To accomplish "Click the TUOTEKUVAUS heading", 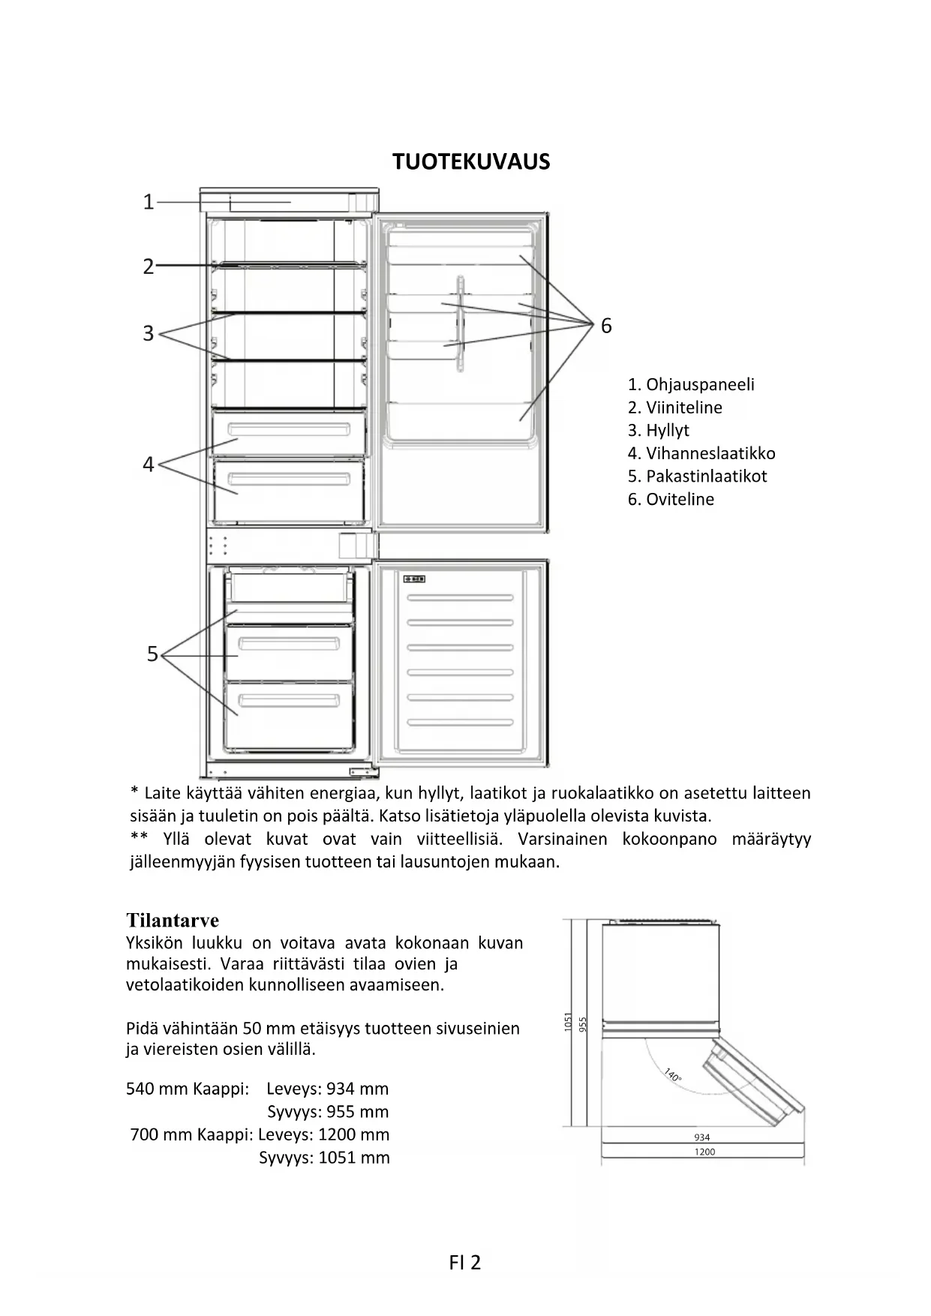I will pyautogui.click(x=471, y=161).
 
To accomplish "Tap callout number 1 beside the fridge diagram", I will pyautogui.click(x=149, y=202).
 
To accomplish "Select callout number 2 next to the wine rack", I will pyautogui.click(x=149, y=266).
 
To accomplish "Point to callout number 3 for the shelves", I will pyautogui.click(x=149, y=333).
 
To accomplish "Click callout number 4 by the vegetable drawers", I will pyautogui.click(x=149, y=464).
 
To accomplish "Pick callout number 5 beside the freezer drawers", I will pyautogui.click(x=152, y=654).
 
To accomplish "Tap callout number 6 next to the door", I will pyautogui.click(x=606, y=326).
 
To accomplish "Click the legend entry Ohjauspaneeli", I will pyautogui.click(x=691, y=384).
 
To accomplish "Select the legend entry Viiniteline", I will pyautogui.click(x=675, y=407).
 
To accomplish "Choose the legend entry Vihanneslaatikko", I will pyautogui.click(x=701, y=453).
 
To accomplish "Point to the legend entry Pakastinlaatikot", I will pyautogui.click(x=697, y=476).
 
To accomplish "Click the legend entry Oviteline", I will pyautogui.click(x=671, y=499).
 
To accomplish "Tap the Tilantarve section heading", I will pyautogui.click(x=173, y=921).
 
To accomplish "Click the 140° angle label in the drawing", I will pyautogui.click(x=673, y=1075).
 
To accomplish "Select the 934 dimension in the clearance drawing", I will pyautogui.click(x=702, y=1137).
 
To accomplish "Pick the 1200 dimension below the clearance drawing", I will pyautogui.click(x=704, y=1152).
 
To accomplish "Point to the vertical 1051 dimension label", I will pyautogui.click(x=568, y=1022).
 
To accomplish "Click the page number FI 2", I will pyautogui.click(x=465, y=1263).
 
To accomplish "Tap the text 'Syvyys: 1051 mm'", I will pyautogui.click(x=324, y=1157).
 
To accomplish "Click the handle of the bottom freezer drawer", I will pyautogui.click(x=289, y=702).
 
